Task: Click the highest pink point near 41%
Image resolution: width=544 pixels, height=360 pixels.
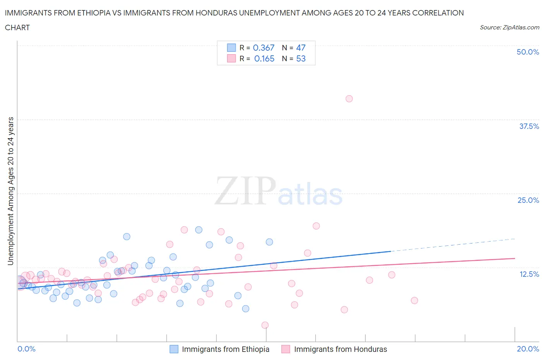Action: coord(349,99)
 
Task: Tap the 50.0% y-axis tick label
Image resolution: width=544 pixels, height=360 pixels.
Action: coord(528,52)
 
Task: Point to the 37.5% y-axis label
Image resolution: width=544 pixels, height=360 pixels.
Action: coord(529,126)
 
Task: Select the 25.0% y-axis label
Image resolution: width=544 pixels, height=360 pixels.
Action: coord(528,200)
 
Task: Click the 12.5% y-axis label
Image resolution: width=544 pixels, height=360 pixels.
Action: coord(529,274)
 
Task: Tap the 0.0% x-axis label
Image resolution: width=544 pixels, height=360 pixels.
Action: coord(26,349)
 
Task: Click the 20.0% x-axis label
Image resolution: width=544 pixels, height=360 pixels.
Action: coord(528,349)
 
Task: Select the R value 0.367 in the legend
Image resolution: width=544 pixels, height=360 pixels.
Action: coord(263,48)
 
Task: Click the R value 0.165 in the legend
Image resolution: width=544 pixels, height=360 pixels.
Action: coord(264,58)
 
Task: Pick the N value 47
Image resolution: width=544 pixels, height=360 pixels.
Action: coord(301,48)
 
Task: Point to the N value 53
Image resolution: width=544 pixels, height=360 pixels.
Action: coord(301,58)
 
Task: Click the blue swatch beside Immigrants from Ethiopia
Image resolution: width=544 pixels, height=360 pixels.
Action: coord(174,349)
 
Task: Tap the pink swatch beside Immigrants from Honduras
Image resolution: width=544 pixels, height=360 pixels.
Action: coord(286,349)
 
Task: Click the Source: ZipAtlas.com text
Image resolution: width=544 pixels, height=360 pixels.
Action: coord(509,27)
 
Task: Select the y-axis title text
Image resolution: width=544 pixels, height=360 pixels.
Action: coord(10,191)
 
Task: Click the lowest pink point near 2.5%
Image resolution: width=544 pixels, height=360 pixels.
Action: coord(265,325)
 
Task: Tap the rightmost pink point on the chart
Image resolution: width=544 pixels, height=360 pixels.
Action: coord(414,300)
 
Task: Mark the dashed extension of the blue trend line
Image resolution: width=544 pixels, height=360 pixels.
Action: coord(453,245)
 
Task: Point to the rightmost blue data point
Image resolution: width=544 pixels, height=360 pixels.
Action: coord(269,242)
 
